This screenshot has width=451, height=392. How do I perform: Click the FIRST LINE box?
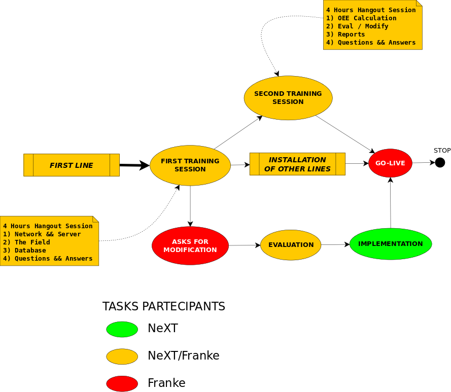[x=72, y=165]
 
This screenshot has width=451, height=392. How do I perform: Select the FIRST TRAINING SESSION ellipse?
[x=190, y=165]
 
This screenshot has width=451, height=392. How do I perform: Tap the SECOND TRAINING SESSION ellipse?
[x=288, y=98]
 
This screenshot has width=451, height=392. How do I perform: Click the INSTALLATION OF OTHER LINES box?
[x=297, y=164]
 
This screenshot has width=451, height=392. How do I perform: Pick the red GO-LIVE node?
[x=390, y=163]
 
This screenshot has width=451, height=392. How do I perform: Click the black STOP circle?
[x=440, y=162]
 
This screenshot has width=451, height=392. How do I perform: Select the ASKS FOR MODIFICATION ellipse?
[x=190, y=245]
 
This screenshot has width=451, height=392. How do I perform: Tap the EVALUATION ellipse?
[x=291, y=245]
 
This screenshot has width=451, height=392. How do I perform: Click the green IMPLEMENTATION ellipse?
[x=391, y=244]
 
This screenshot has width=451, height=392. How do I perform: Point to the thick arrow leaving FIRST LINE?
[x=134, y=165]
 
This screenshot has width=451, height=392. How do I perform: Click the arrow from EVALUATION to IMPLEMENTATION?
[x=335, y=245]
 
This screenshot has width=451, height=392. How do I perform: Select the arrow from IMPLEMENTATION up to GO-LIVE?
[x=390, y=203]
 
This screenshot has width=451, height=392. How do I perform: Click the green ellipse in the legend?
[x=122, y=329]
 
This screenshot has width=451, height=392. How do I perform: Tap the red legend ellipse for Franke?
[x=122, y=383]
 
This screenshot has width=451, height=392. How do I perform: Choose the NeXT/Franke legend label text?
[x=183, y=356]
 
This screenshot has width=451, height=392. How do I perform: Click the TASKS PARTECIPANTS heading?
[x=164, y=307]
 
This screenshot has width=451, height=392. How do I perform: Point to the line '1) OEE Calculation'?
[x=361, y=18]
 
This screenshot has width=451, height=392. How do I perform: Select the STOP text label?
[x=442, y=151]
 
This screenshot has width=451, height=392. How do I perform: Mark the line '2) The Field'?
[x=26, y=242]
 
